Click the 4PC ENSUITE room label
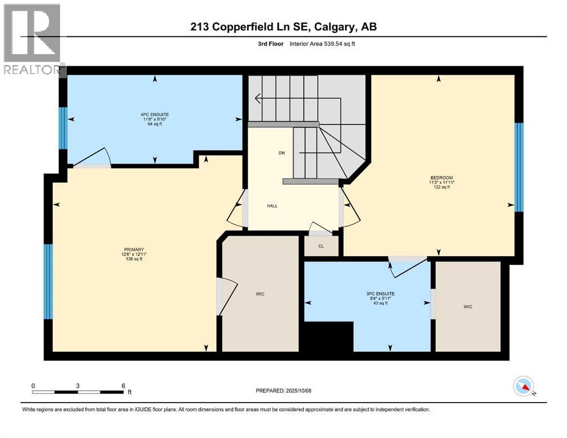click(155, 114)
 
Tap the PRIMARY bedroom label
click(132, 250)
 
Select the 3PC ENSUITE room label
click(380, 294)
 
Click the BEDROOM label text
click(441, 178)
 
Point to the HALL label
click(272, 206)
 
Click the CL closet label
click(321, 246)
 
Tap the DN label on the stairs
click(282, 153)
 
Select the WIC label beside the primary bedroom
click(260, 294)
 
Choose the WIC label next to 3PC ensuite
click(468, 307)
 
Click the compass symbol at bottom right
click(524, 387)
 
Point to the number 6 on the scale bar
click(123, 386)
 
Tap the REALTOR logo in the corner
click(33, 39)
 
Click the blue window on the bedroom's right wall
click(518, 167)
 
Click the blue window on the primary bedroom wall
click(49, 281)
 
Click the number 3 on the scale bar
click(77, 386)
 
